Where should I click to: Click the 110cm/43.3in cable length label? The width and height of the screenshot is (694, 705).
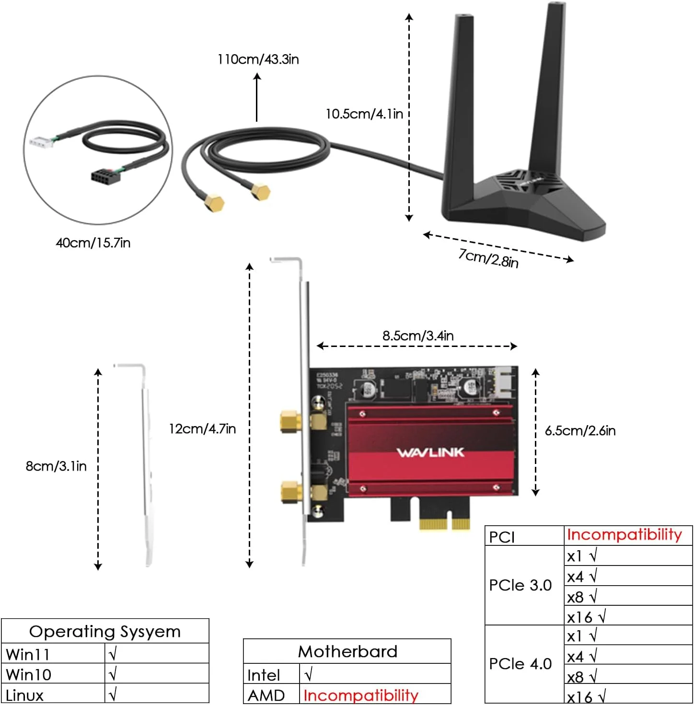258,59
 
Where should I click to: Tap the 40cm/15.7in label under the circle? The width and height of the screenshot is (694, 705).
93,243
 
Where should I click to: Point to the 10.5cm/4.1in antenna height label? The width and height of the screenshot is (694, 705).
364,114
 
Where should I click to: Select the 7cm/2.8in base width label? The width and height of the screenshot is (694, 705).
488,258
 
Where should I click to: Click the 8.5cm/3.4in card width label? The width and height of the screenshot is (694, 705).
417,335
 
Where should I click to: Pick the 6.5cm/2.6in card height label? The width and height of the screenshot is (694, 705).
580,430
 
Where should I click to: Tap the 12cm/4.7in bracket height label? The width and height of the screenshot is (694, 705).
202,428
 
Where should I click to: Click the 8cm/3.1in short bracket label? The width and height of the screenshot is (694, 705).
56,466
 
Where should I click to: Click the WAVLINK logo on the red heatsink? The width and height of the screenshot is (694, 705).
430,452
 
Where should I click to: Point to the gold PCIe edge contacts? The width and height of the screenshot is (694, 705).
444,523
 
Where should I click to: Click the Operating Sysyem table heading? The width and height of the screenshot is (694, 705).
105,632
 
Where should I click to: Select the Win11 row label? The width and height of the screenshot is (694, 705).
28,654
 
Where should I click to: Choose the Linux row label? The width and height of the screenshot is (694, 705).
24,695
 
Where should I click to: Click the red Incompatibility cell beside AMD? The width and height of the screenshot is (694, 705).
361,695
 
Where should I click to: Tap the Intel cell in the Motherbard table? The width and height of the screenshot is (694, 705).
263,675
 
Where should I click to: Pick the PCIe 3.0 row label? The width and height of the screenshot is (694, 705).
520,585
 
